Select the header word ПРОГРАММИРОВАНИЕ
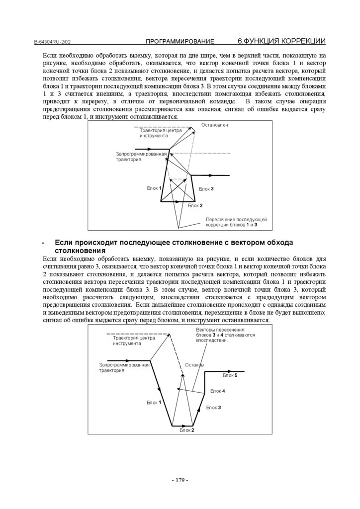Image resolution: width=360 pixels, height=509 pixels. click(180, 41)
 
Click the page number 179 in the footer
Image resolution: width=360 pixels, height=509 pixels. click(180, 480)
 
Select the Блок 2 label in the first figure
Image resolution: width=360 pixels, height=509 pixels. click(195, 205)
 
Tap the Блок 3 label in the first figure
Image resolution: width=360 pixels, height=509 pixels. click(206, 189)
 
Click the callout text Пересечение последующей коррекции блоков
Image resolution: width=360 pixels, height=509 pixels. click(237, 222)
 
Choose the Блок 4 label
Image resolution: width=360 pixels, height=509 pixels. click(217, 391)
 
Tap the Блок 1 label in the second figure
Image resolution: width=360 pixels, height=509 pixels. click(154, 402)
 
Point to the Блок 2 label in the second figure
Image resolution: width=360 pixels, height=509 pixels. click(187, 430)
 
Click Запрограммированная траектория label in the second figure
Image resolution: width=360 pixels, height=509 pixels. click(124, 368)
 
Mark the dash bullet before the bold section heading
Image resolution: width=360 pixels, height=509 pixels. click(44, 242)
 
